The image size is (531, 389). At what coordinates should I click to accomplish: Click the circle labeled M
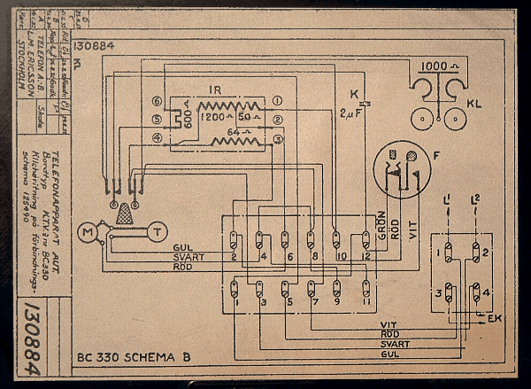point(88,232)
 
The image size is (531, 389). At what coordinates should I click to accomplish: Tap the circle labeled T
point(156,232)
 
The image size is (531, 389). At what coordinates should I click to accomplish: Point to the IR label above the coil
point(214,90)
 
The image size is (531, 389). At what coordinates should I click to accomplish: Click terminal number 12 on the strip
point(365,257)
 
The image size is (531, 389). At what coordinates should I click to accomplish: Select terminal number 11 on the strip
point(365,302)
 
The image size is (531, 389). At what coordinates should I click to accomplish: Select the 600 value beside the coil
point(189,116)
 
